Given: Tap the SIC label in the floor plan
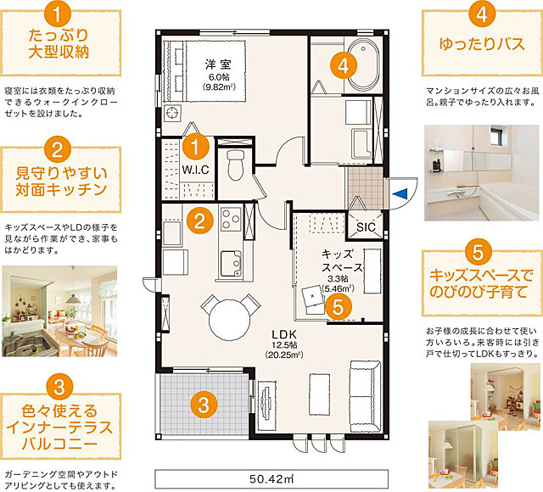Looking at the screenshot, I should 367,226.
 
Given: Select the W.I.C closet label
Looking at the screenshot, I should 195,169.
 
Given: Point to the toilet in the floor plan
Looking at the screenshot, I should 235,162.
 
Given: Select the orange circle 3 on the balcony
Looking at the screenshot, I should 201,404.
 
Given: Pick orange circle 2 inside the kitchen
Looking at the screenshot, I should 199,221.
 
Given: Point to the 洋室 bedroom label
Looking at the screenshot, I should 212,64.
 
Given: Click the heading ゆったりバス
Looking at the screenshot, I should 480,42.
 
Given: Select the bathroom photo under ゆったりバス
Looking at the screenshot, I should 480,160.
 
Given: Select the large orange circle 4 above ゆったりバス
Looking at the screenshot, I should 480,14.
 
